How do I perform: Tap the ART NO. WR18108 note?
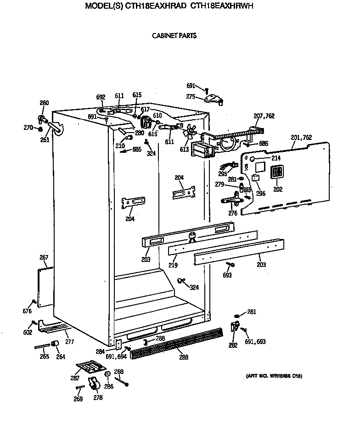coord(274,376)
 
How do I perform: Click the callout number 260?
coord(44,103)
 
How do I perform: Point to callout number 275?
coord(191,96)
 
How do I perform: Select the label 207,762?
coord(264,117)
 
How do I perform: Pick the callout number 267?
coord(44,257)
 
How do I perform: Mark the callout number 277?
coord(69,341)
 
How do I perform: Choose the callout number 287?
coord(74,378)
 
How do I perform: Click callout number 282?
coord(233,345)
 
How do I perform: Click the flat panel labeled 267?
coord(45,287)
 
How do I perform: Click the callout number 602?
coord(28,332)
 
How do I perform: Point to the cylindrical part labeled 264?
coord(56,345)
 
